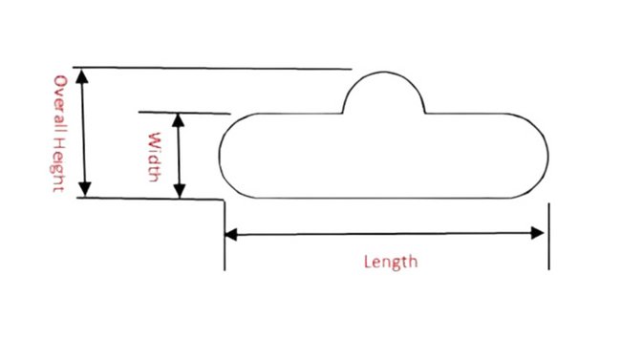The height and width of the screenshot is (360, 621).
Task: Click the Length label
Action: point(391,260)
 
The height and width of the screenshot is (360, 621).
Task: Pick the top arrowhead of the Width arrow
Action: point(179,118)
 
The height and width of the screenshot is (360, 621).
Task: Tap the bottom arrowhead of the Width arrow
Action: point(179,192)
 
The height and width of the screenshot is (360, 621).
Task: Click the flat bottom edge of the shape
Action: point(382,199)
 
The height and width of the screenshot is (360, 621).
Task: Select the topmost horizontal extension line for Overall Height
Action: point(220,69)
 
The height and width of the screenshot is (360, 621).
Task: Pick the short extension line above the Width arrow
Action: point(186,112)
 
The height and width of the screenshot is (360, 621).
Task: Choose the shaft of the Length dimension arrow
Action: point(386,233)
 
